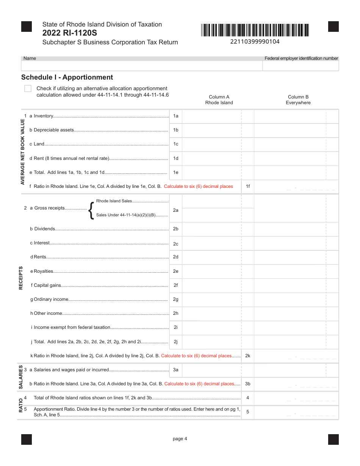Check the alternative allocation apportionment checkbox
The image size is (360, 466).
click(28, 89)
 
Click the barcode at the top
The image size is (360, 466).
click(255, 30)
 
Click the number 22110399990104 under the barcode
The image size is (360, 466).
click(255, 42)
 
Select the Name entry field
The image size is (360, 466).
click(142, 66)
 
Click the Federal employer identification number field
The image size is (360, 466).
click(301, 66)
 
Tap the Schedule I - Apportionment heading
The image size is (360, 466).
click(67, 77)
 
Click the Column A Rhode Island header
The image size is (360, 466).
click(219, 100)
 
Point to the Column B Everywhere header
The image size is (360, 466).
click(298, 100)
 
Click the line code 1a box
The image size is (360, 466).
click(176, 116)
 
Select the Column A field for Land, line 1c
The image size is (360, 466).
click(211, 144)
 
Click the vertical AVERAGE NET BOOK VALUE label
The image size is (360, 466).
click(22, 152)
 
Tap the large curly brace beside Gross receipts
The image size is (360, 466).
click(91, 210)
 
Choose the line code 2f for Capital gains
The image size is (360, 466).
click(176, 285)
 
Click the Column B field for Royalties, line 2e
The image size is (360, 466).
click(290, 271)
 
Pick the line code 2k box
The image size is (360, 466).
click(248, 356)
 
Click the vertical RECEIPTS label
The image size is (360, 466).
click(21, 278)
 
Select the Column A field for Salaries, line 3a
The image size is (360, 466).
click(211, 370)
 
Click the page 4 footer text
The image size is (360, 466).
click(180, 439)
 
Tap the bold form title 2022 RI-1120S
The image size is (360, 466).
click(70, 33)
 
